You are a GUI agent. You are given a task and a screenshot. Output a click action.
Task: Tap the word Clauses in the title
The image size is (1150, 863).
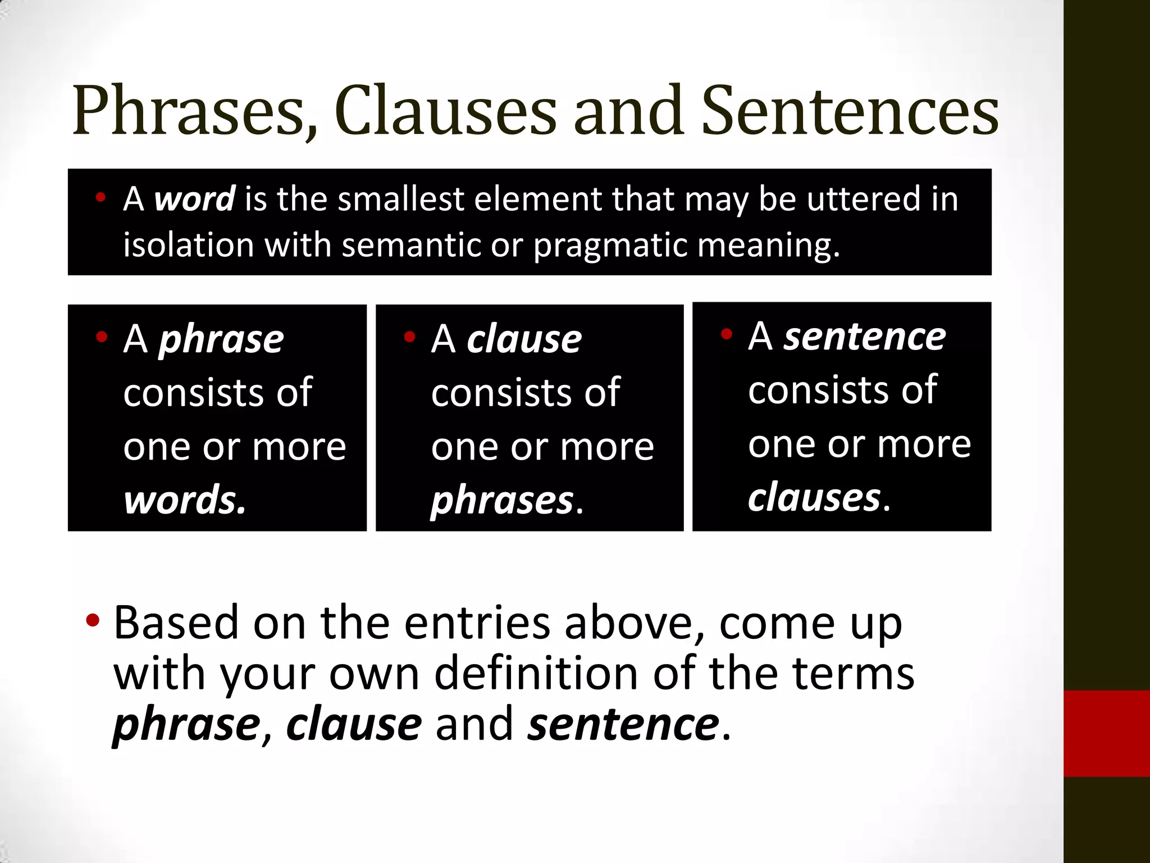pyautogui.click(x=445, y=111)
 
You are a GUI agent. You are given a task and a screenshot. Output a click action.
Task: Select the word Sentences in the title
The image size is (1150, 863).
pyautogui.click(x=850, y=111)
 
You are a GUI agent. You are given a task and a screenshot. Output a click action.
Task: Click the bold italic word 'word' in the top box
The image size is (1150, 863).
pyautogui.click(x=194, y=199)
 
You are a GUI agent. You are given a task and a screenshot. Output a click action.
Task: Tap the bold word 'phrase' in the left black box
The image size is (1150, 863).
pyautogui.click(x=221, y=339)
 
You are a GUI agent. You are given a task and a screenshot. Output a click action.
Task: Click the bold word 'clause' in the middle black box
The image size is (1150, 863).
pyautogui.click(x=524, y=339)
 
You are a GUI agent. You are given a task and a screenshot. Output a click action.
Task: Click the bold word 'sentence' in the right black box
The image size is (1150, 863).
pyautogui.click(x=865, y=337)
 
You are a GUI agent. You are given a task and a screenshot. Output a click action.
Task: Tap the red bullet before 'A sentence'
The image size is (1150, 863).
pyautogui.click(x=727, y=334)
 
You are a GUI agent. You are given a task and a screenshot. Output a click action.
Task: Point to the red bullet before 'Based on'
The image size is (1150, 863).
pyautogui.click(x=93, y=621)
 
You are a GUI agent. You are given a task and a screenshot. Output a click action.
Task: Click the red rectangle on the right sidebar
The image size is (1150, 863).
pyautogui.click(x=1107, y=733)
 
